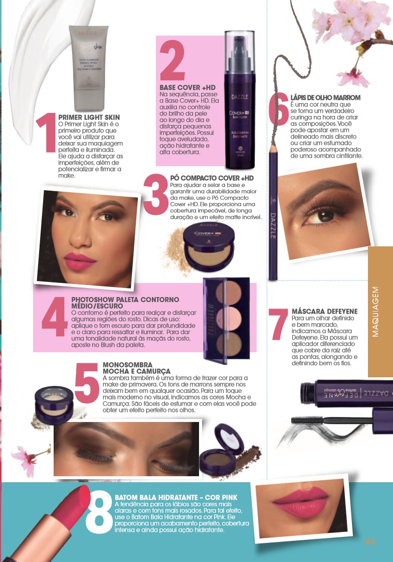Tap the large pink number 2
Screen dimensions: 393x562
(172, 60)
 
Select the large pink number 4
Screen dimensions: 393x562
(55, 317)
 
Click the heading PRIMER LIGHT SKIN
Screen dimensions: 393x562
(89, 117)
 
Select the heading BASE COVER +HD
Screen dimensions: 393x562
(187, 87)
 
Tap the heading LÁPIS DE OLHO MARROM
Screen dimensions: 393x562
(325, 97)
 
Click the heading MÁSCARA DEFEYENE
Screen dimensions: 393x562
(325, 312)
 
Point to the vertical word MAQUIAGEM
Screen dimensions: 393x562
(375, 312)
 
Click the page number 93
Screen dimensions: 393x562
(370, 541)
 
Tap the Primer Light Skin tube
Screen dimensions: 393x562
(88, 68)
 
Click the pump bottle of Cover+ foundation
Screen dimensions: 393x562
(240, 100)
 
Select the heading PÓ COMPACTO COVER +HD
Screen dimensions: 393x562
(212, 178)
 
